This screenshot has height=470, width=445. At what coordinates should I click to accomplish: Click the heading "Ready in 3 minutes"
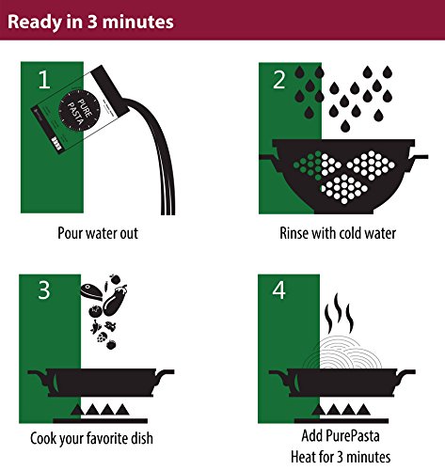(x=90, y=22)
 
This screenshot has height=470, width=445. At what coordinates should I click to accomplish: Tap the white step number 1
(x=44, y=80)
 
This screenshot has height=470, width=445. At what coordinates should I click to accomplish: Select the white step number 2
(x=279, y=80)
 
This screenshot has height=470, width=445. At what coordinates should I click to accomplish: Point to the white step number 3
(x=44, y=290)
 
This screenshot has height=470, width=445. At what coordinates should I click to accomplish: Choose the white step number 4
(x=278, y=290)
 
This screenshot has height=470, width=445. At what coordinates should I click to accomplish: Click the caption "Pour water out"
(x=98, y=233)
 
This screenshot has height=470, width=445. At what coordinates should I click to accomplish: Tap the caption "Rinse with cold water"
(x=338, y=233)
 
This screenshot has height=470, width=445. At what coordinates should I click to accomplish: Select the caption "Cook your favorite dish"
(x=91, y=438)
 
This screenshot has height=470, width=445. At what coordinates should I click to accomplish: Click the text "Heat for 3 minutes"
(x=341, y=457)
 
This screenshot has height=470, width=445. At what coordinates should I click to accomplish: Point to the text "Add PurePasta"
(x=341, y=435)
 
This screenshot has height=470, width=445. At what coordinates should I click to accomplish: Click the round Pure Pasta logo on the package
(x=79, y=110)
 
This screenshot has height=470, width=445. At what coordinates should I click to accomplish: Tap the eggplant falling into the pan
(x=115, y=300)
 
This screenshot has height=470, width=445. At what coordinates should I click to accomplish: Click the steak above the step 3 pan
(x=91, y=292)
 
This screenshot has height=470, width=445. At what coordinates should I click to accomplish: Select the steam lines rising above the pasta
(x=339, y=313)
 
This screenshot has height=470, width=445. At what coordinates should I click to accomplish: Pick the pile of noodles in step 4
(x=342, y=353)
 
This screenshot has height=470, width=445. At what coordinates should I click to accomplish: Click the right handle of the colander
(x=419, y=157)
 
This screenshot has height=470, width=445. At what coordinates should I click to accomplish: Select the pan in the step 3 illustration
(x=101, y=383)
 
